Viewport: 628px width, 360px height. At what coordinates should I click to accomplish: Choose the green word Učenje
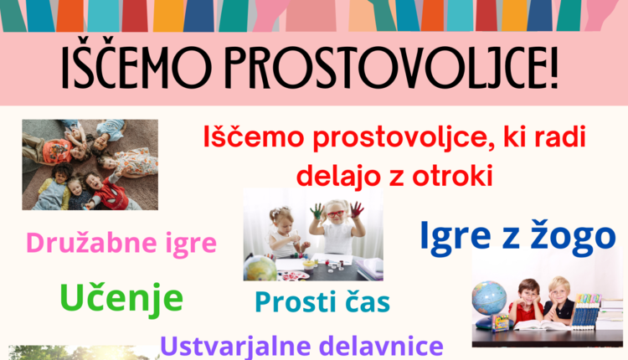121,296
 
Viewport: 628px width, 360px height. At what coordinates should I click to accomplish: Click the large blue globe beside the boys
489,298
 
